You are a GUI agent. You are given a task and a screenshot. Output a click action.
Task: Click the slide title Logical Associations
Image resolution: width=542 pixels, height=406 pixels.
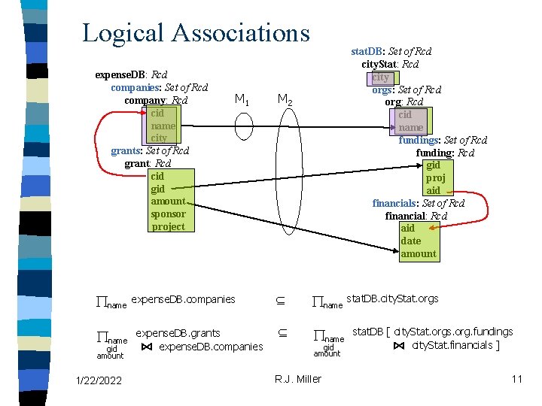(196, 32)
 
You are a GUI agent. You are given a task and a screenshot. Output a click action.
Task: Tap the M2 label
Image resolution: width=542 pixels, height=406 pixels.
(285, 99)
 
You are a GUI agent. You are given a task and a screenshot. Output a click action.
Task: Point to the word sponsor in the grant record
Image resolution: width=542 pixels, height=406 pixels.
(168, 214)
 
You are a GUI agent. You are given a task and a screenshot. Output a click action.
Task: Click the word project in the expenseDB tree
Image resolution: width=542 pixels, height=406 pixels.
(168, 226)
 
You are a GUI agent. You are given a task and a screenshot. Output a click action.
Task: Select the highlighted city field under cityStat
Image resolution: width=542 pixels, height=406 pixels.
(381, 77)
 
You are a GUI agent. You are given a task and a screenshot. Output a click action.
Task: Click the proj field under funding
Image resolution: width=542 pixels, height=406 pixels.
(434, 177)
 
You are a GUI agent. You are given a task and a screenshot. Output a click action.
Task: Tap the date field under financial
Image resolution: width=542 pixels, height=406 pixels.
(411, 241)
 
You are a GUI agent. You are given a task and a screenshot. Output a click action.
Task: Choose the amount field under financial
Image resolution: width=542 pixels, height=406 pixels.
(418, 253)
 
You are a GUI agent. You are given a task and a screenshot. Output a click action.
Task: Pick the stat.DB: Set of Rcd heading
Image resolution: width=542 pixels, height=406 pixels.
(391, 52)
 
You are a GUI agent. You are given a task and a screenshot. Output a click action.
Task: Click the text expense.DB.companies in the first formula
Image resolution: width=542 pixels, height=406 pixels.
(183, 299)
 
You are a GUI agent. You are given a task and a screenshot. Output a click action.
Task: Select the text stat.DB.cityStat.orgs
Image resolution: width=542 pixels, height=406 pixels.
(391, 298)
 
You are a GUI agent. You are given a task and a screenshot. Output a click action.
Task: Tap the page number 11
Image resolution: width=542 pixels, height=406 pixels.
(516, 379)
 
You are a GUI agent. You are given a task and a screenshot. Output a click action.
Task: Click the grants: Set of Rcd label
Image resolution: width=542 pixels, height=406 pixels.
(150, 150)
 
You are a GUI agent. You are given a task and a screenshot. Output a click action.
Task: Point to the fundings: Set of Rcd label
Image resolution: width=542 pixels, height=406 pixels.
(443, 140)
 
